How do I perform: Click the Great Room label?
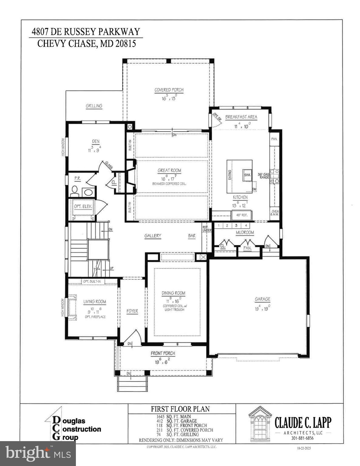(x=169, y=171)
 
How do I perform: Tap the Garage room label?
(x=262, y=299)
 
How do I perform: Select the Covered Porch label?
(x=169, y=90)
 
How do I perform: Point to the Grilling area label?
(x=94, y=106)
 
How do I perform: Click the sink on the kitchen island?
(x=246, y=175)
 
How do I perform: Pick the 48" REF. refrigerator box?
(x=239, y=215)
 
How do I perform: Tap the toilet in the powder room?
(x=74, y=191)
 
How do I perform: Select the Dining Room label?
(x=173, y=293)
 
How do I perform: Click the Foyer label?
(x=132, y=311)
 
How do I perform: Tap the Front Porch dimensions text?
(x=163, y=361)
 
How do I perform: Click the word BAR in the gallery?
(x=192, y=236)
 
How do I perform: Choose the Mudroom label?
(x=245, y=232)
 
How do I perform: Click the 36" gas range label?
(x=263, y=176)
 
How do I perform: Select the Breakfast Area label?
(x=241, y=117)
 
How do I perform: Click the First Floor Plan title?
(x=180, y=409)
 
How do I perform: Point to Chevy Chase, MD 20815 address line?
(x=87, y=44)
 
